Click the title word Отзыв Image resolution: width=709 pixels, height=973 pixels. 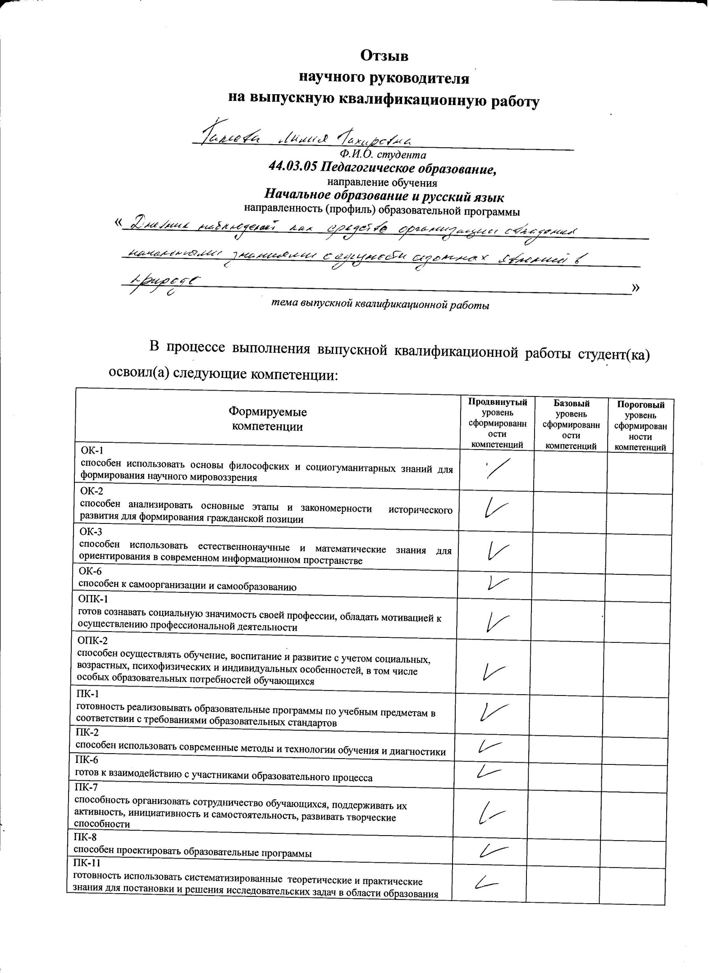pos(384,56)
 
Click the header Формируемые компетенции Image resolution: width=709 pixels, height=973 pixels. pos(267,419)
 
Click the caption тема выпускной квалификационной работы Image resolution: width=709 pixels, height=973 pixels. pos(380,305)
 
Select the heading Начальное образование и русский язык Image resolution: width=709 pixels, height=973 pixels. pos(384,197)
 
